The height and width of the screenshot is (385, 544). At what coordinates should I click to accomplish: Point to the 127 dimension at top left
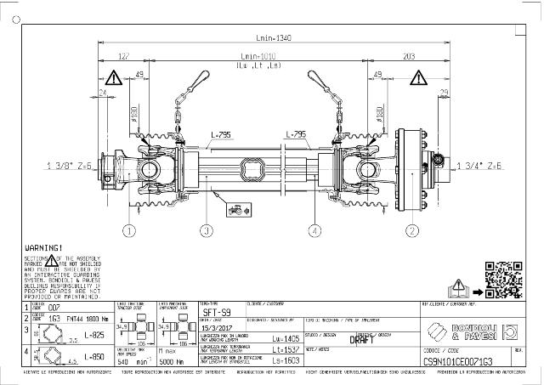[x=123, y=57]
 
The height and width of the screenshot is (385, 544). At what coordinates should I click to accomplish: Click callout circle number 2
[x=413, y=230]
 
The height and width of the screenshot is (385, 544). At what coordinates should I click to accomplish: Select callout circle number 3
[x=207, y=230]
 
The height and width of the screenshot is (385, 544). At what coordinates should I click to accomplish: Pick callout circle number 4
[x=315, y=230]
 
